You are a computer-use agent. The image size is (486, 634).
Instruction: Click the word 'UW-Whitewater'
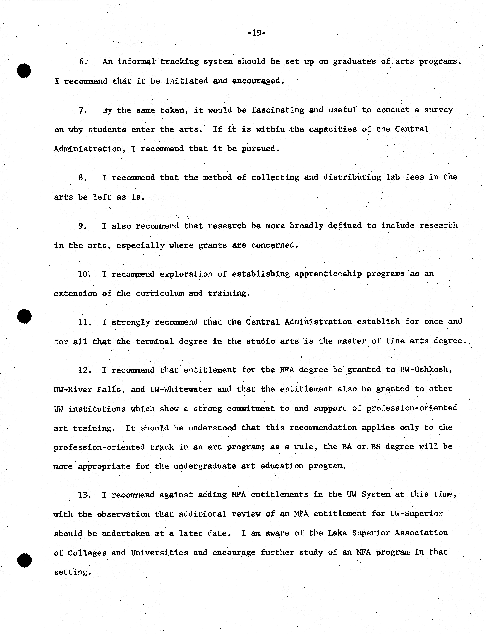181,389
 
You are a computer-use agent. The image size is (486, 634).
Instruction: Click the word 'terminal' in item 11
155,341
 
